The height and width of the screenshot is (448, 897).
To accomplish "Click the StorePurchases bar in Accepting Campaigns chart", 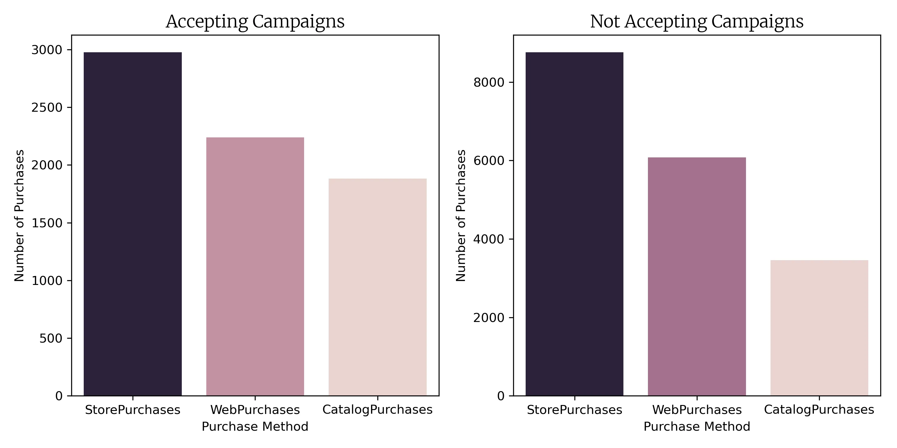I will [133, 224].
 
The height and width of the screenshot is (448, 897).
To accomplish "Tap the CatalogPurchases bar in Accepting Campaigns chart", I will [377, 287].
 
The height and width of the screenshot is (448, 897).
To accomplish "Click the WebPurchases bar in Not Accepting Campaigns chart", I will [697, 277].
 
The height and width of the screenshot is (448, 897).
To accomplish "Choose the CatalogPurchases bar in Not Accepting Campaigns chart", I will [819, 328].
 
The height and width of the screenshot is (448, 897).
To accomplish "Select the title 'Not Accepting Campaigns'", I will [697, 22].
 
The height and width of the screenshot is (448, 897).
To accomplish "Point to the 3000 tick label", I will [47, 50].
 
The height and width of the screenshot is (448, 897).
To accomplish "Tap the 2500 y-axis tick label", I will [47, 108].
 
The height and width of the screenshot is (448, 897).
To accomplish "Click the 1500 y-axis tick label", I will [47, 223].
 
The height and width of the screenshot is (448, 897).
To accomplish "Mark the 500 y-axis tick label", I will [51, 338].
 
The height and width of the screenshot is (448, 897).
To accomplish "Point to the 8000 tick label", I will [489, 83].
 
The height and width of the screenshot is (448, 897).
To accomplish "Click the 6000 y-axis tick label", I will [489, 161].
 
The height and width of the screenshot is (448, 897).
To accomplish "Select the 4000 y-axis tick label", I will [489, 239].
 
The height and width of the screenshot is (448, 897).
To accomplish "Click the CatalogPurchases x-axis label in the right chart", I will [819, 410].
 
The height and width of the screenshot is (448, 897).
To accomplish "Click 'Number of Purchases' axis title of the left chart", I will [19, 216].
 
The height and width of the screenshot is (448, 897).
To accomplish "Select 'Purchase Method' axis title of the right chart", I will [697, 426].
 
